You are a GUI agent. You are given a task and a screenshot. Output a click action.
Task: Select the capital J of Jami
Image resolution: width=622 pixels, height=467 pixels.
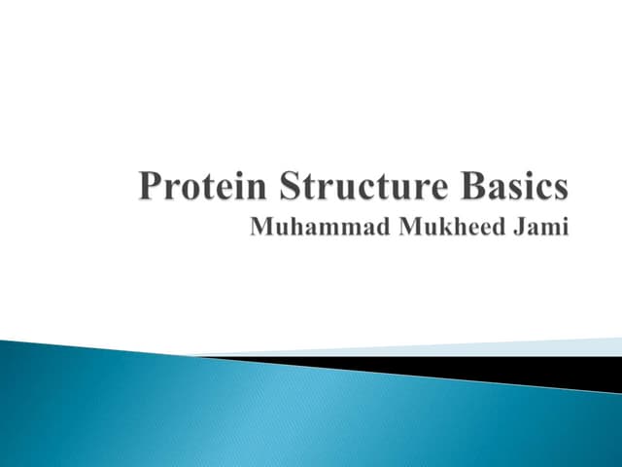tap(518, 229)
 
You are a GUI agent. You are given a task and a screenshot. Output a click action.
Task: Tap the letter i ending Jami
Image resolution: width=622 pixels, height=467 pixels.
tap(563, 229)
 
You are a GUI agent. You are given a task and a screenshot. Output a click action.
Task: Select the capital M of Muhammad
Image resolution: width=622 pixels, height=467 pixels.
tap(261, 229)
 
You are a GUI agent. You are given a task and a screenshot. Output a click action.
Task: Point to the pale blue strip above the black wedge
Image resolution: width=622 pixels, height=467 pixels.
tap(486, 348)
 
